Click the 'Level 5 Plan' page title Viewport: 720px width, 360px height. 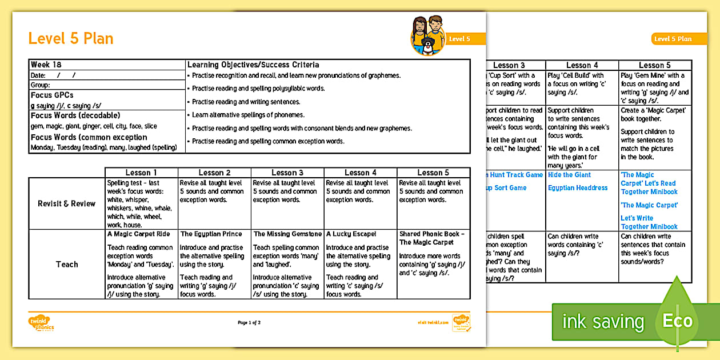tap(71, 38)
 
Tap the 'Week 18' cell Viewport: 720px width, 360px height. tap(41, 65)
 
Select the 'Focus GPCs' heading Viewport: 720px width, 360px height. tap(52, 95)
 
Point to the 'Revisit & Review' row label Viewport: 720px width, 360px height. tap(67, 203)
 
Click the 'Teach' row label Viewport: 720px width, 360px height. tap(67, 264)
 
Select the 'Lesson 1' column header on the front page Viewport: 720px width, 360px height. tap(141, 173)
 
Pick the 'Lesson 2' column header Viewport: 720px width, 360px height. tap(214, 173)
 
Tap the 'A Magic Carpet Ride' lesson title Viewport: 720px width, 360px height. tap(138, 234)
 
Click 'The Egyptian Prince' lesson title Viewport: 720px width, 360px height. tap(211, 234)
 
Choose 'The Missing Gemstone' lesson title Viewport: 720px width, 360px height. tap(287, 234)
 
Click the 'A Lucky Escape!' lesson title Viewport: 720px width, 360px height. tap(351, 234)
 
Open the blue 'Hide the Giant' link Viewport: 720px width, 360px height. tap(569, 175)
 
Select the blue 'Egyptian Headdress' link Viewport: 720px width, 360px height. tap(578, 188)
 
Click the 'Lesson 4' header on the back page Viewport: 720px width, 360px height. tap(582, 65)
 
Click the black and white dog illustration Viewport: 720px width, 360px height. tap(427, 46)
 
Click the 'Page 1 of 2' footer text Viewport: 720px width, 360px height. tap(249, 323)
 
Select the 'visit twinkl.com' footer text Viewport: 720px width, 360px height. tap(431, 323)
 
